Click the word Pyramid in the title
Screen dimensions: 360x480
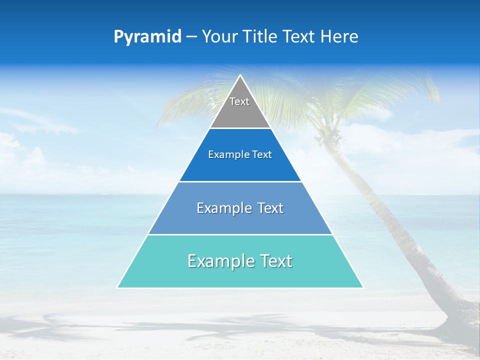147,37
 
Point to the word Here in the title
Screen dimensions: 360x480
339,36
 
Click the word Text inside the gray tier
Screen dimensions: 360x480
239,101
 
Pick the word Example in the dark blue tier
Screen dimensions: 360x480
224,154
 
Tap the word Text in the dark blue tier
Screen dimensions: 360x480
262,154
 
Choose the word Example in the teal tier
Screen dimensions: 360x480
218,261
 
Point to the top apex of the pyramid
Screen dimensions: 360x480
240,75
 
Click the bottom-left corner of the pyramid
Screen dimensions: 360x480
117,287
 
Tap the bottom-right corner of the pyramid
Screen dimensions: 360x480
362,287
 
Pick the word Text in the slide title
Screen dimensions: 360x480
300,36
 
